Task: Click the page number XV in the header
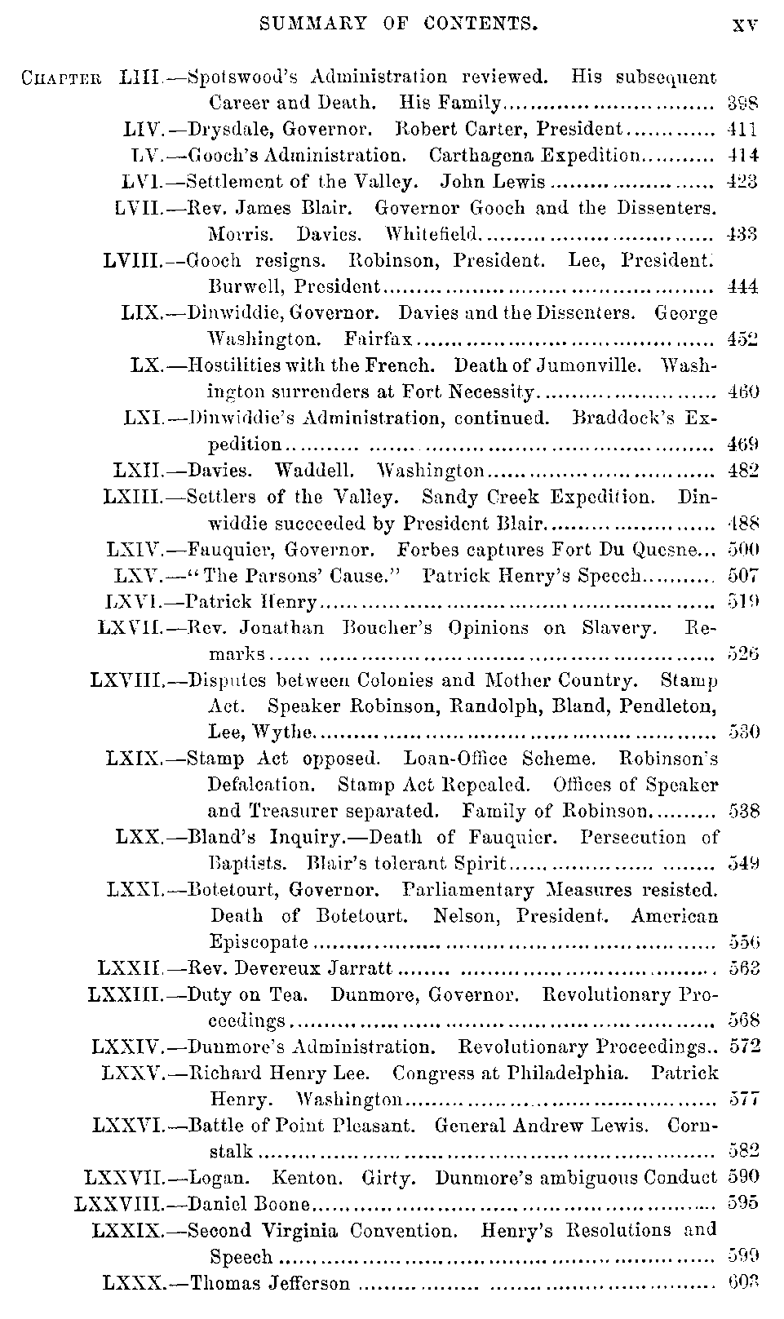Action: tap(745, 24)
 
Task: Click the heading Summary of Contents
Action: tap(398, 24)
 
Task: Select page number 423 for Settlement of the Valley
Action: tap(742, 181)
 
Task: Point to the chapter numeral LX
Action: tap(147, 365)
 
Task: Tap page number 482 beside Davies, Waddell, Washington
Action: tap(742, 470)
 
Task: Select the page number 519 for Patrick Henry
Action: tap(742, 602)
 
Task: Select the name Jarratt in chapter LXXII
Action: tap(364, 968)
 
